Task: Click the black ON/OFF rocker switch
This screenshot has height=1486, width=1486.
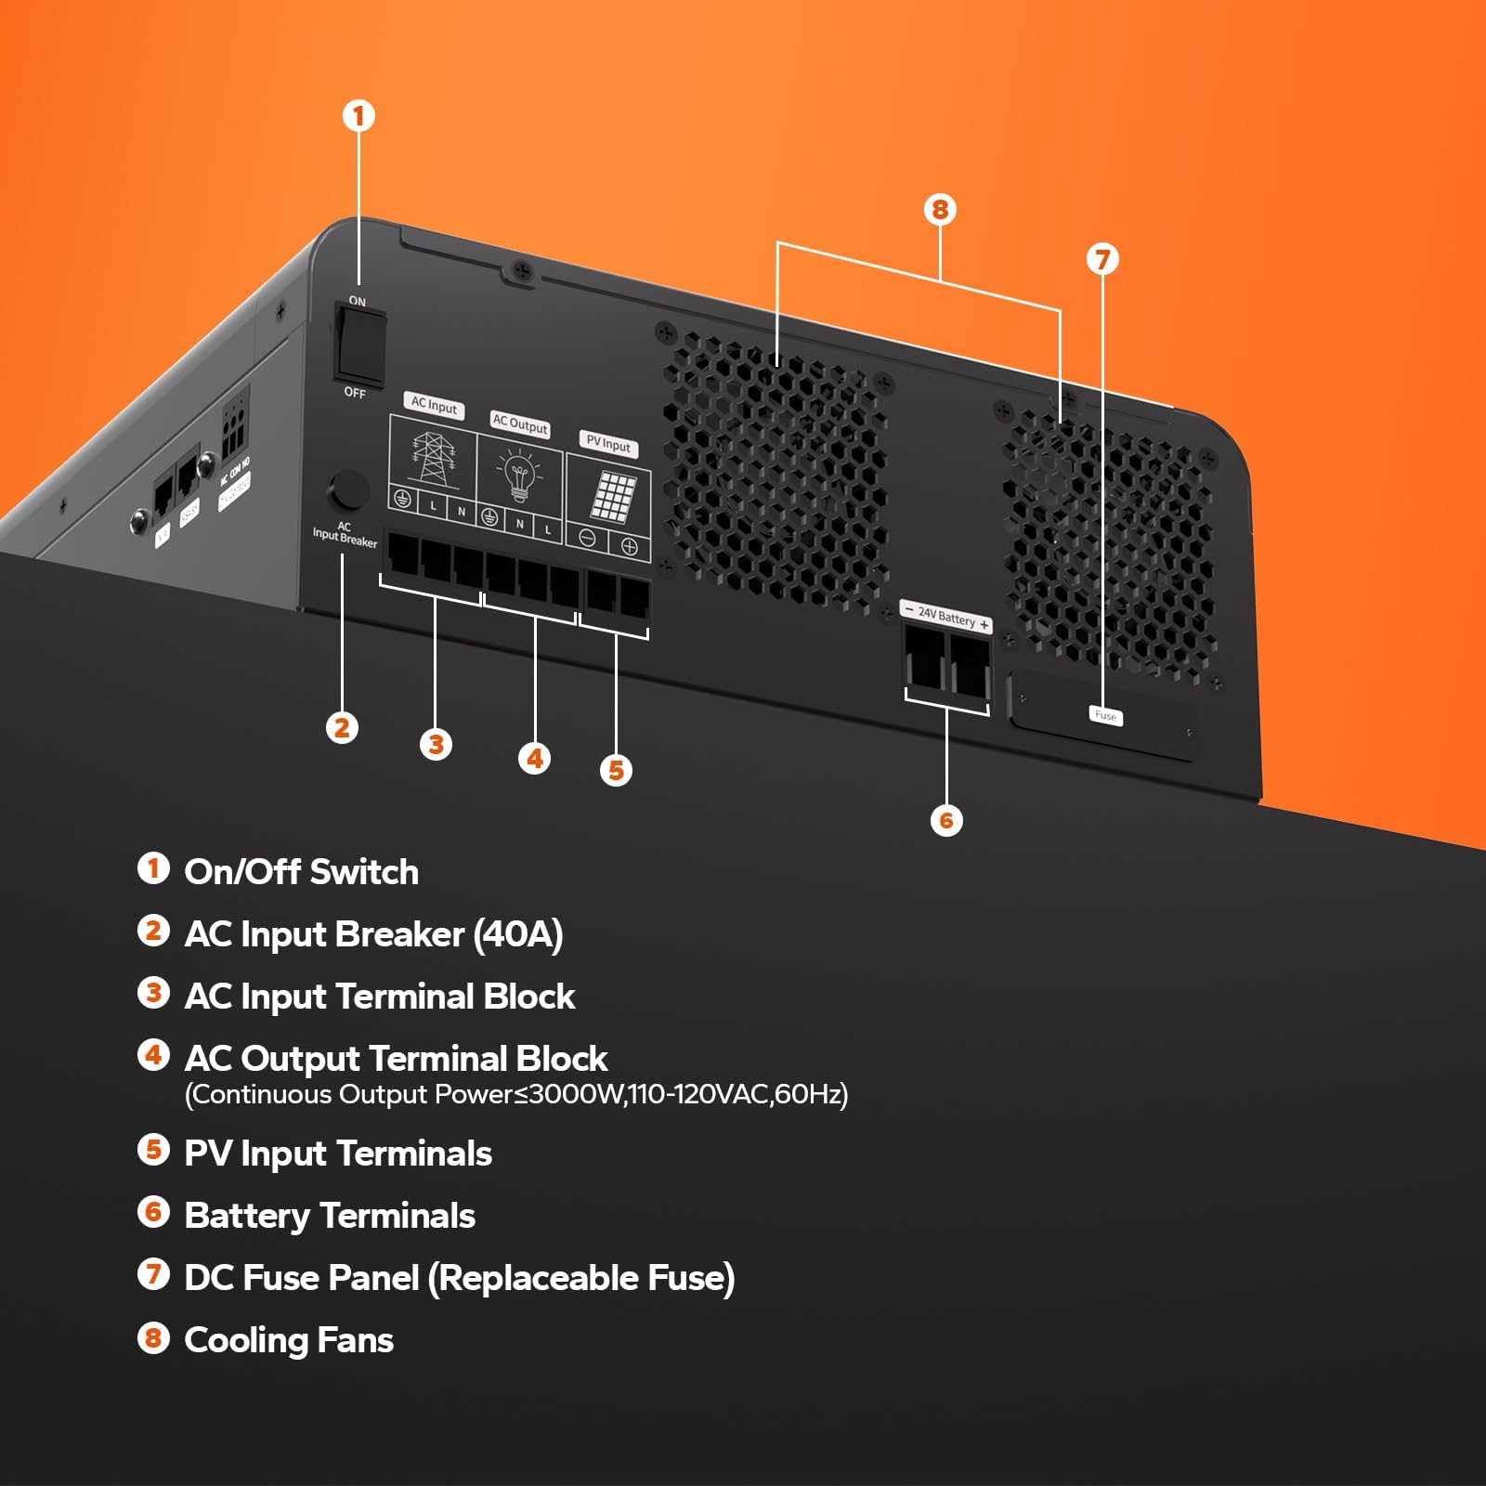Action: (360, 346)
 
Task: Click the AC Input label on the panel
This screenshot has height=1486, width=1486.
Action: (435, 406)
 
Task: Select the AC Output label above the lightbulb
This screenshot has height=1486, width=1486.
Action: (520, 424)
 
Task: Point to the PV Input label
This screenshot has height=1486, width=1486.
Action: (608, 444)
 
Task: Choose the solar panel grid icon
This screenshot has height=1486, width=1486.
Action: (614, 497)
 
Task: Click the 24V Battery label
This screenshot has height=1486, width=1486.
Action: (946, 617)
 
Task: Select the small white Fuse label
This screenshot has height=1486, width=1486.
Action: (1105, 715)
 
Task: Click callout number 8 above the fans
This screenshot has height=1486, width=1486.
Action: (940, 210)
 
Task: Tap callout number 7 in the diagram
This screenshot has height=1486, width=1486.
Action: (1102, 259)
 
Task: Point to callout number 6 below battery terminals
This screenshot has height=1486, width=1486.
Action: (946, 820)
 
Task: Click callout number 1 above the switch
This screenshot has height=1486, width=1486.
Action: (359, 117)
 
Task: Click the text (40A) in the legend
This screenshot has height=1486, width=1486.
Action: (518, 934)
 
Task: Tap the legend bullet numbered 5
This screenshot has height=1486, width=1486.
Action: (154, 1150)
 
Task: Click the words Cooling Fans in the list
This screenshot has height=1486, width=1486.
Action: (289, 1340)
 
